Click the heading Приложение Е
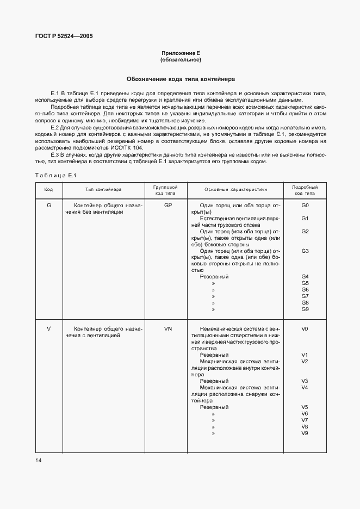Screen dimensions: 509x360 pos(180,52)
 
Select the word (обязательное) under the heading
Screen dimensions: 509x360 pos(180,59)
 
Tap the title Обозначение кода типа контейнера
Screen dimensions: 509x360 pos(180,78)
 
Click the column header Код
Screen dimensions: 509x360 pos(49,190)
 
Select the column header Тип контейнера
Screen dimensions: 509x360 pos(103,190)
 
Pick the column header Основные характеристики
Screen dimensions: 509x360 pos(236,190)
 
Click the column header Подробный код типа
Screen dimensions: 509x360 pos(305,190)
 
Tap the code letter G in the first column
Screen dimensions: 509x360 pos(49,206)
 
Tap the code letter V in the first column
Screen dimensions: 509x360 pos(49,329)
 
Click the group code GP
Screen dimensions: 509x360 pos(167,206)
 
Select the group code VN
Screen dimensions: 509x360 pos(167,329)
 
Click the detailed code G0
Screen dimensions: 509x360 pos(305,206)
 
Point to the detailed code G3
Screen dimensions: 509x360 pos(305,251)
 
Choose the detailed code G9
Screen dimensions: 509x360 pos(305,309)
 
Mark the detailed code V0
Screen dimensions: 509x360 pos(305,329)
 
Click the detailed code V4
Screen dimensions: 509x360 pos(305,387)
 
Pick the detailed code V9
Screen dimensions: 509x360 pos(305,433)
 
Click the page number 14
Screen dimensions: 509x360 pos(39,461)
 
